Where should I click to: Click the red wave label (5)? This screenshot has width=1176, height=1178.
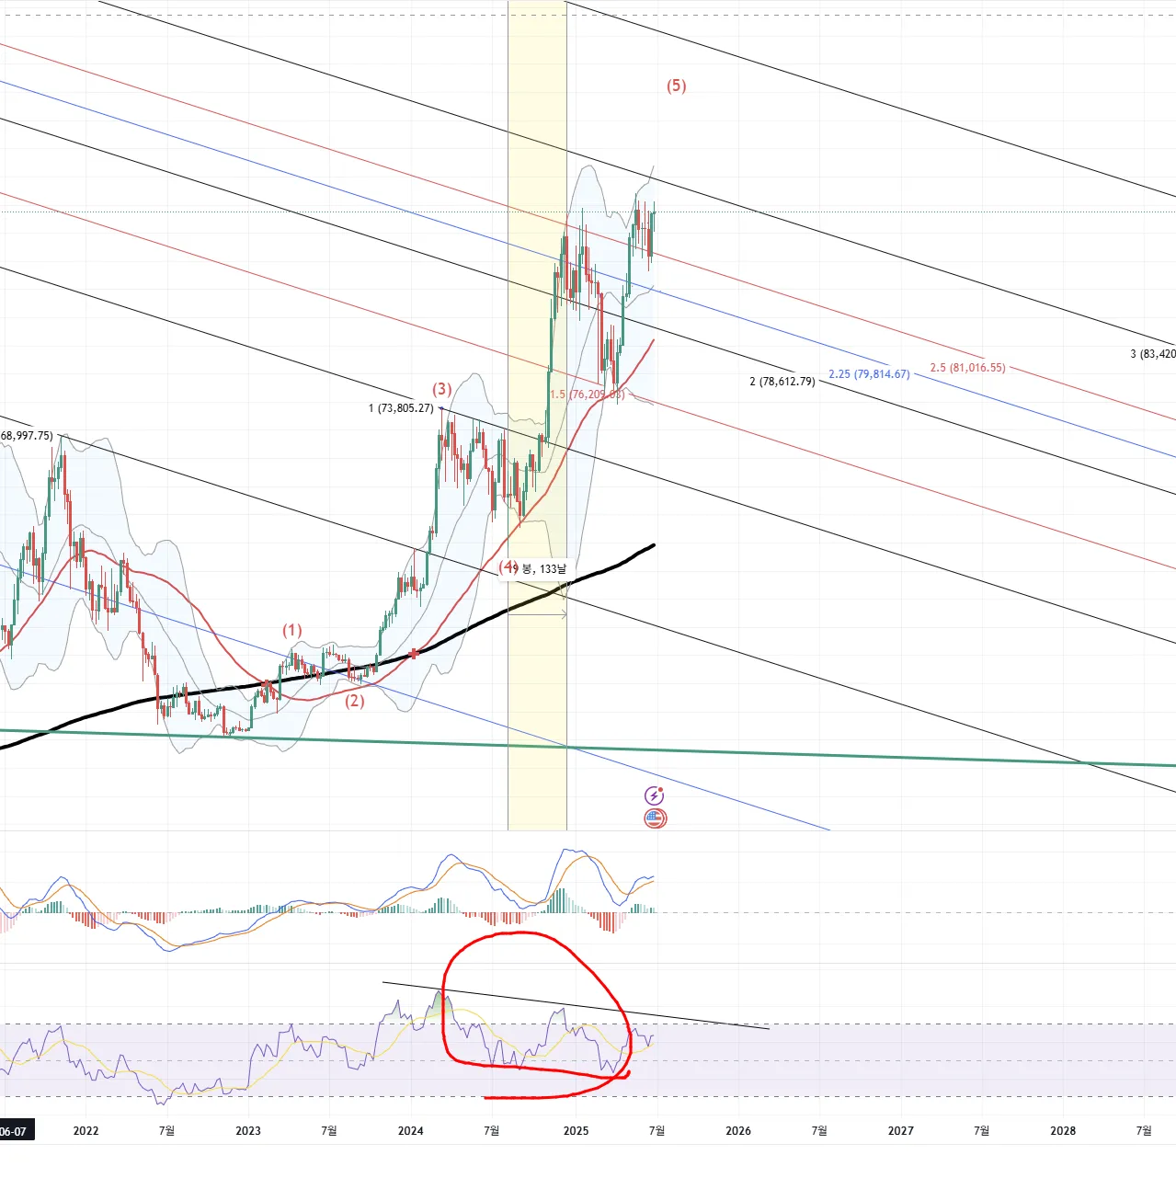pos(676,86)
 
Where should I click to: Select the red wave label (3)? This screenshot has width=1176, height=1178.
pos(442,389)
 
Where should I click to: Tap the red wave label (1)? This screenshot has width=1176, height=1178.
pos(291,630)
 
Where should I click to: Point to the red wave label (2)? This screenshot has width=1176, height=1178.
pos(355,701)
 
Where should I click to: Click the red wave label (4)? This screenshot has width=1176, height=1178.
pos(508,566)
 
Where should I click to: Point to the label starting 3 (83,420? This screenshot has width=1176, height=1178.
pos(1152,354)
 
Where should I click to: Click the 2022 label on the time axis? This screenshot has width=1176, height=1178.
pos(86,1130)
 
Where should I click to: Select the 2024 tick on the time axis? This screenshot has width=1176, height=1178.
pos(410,1130)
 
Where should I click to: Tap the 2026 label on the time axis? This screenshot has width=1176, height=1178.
pos(738,1130)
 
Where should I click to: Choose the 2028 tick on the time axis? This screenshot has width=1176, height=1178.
pos(1063,1130)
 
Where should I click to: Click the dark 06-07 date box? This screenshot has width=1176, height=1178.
pos(15,1131)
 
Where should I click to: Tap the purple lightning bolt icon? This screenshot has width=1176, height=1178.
pos(655,795)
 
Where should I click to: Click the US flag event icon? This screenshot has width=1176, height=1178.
pos(655,818)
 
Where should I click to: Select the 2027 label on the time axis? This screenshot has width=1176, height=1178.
pos(901,1130)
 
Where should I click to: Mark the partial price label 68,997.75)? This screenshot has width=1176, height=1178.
pos(27,435)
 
